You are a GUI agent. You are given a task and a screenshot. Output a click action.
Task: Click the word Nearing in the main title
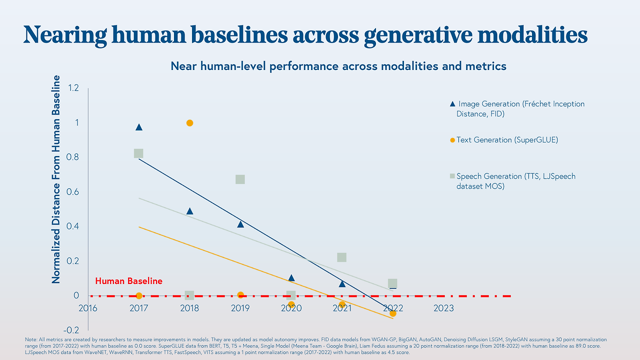tap(65, 35)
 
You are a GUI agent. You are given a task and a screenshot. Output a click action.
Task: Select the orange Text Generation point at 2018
tap(189, 123)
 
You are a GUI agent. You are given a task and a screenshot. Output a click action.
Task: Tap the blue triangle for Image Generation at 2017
tap(139, 127)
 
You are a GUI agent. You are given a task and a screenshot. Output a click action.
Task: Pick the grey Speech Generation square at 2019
tap(240, 179)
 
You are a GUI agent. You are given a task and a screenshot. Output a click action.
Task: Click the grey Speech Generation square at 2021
tap(341, 257)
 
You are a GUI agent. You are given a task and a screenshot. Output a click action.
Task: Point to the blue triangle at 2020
tap(291, 278)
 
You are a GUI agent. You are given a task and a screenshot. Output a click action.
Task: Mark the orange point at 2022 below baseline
tap(393, 313)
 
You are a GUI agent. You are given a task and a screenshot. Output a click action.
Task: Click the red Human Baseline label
tap(128, 281)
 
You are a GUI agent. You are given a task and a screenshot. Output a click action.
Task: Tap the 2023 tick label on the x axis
tap(443, 308)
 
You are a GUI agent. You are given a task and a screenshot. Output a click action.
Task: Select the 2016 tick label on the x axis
tap(88, 308)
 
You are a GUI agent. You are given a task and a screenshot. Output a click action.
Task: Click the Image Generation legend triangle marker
tap(452, 104)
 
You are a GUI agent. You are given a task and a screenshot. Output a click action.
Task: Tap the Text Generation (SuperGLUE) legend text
tap(507, 140)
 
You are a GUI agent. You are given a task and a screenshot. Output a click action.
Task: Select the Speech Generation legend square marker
tap(452, 176)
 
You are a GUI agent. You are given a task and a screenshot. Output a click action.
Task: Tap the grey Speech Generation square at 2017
tap(138, 153)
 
